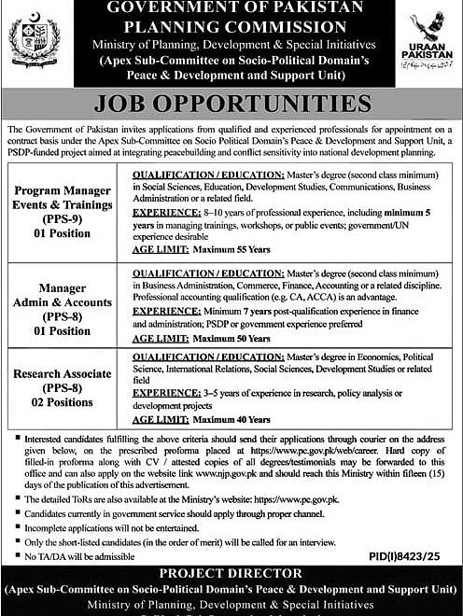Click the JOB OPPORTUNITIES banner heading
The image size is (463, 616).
231,103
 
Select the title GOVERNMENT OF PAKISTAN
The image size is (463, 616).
231,9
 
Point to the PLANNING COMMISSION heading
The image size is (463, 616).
231,26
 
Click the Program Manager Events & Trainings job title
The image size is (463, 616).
63,198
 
